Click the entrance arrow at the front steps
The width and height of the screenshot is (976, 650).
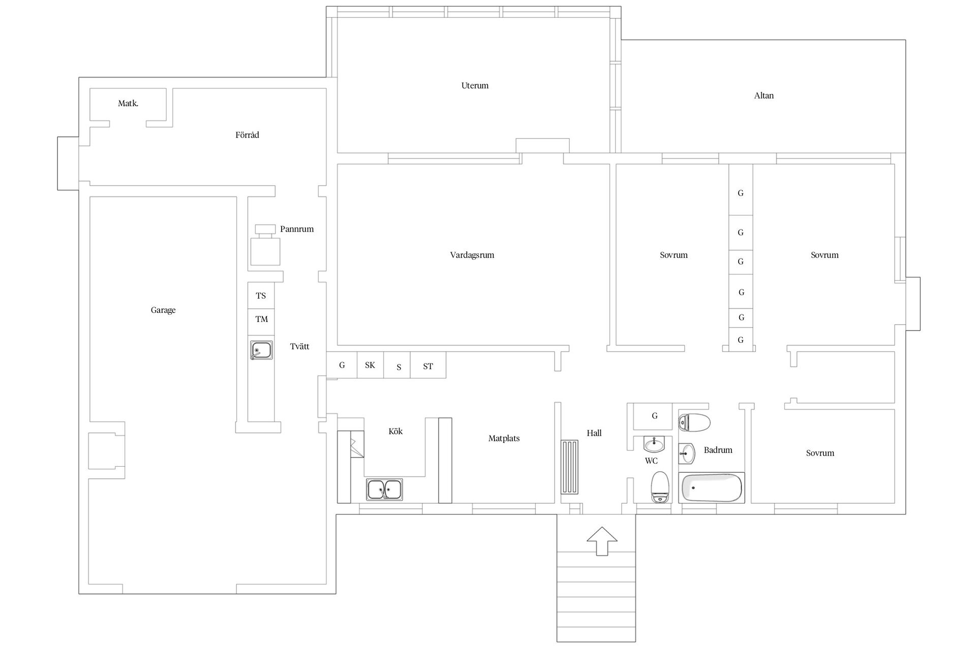tap(602, 541)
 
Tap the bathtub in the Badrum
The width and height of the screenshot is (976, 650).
tap(711, 487)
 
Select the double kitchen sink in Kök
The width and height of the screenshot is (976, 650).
tap(384, 490)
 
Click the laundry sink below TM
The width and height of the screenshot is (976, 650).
tap(261, 350)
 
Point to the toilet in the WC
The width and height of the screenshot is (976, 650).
tap(660, 487)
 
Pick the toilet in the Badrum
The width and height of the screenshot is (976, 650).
tap(694, 422)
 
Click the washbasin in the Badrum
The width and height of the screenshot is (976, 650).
tap(687, 453)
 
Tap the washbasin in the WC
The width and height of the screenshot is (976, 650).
tap(654, 444)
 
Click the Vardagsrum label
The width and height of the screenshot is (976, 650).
tap(472, 255)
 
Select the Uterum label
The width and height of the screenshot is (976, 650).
tap(475, 85)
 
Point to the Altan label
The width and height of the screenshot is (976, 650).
tap(764, 95)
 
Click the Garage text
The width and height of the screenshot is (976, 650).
tap(163, 310)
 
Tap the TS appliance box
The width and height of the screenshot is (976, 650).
tap(261, 296)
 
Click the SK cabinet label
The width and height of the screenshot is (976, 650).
tap(370, 365)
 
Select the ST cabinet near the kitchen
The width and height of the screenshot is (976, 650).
tap(428, 365)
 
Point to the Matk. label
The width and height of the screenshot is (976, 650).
tap(128, 103)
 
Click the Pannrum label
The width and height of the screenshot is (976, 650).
tap(297, 229)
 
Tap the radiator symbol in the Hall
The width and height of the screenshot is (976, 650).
tap(569, 467)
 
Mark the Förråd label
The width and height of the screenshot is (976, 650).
tap(247, 135)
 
